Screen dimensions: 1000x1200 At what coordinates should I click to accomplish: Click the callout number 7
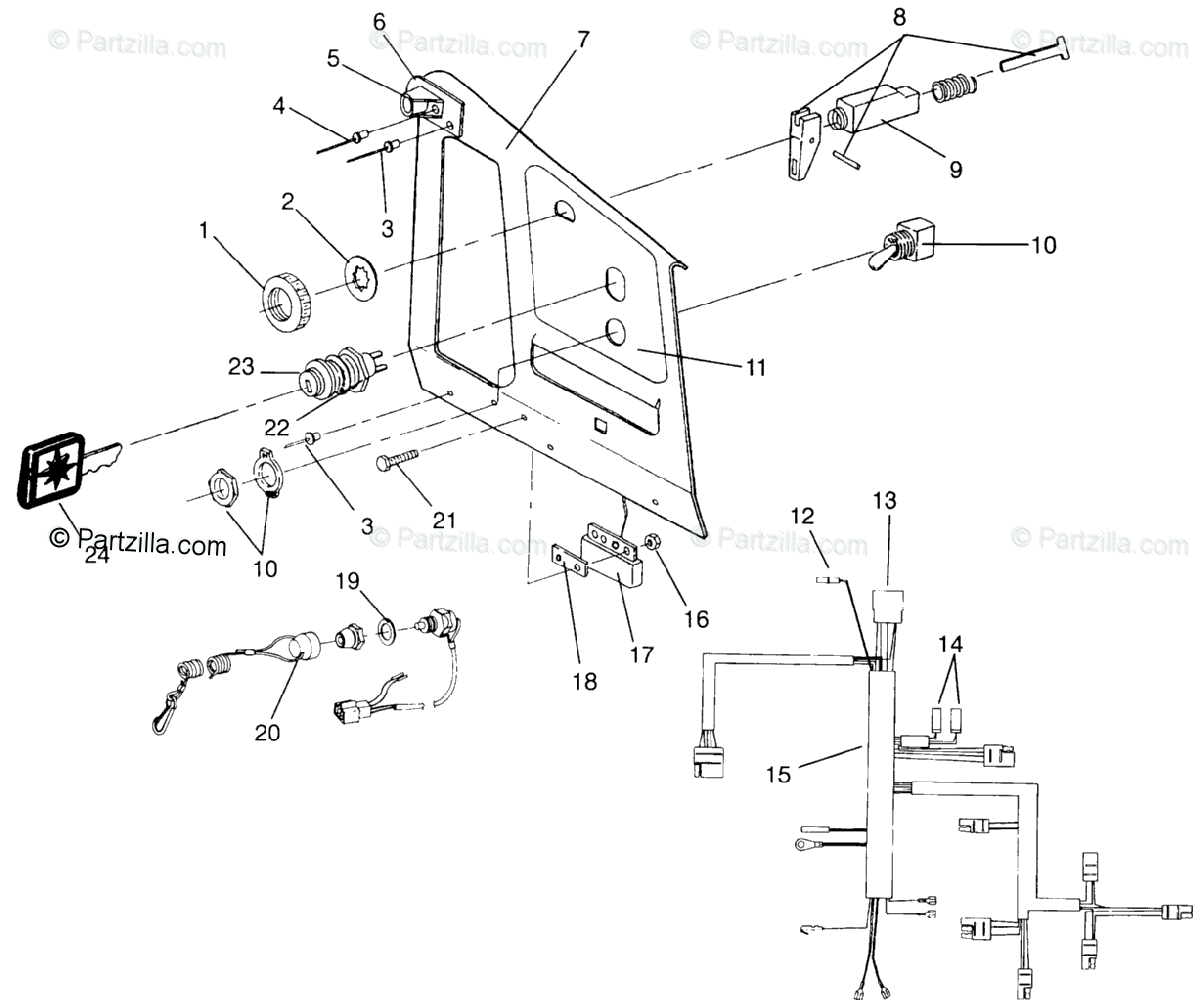click(x=583, y=40)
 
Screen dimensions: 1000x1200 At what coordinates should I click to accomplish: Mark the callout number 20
click(x=267, y=733)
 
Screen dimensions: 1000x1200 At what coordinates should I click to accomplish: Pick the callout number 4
click(x=279, y=104)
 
